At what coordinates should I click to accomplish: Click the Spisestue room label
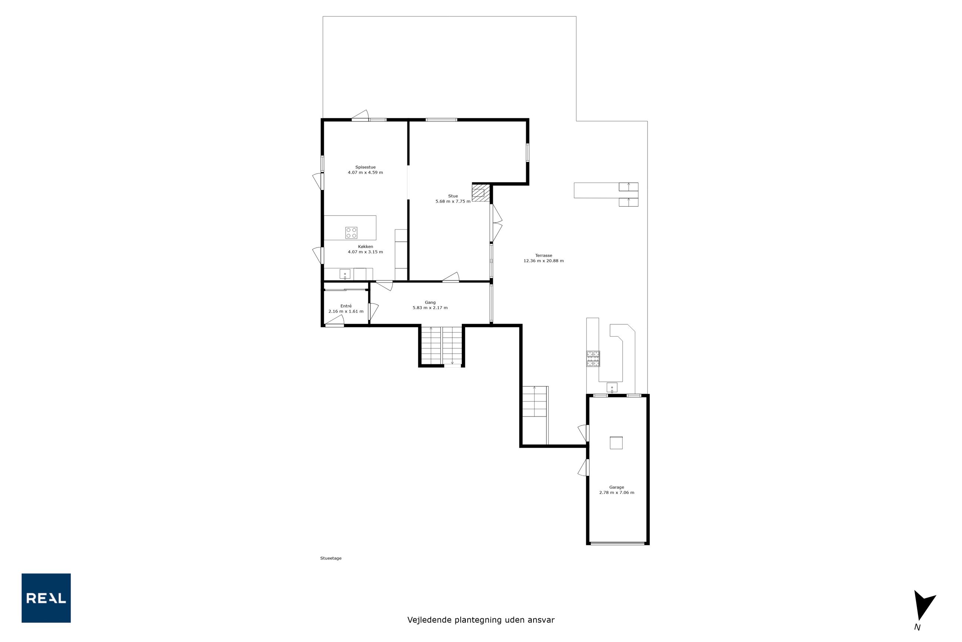pyautogui.click(x=366, y=167)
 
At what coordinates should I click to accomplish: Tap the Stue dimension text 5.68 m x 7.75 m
pyautogui.click(x=453, y=201)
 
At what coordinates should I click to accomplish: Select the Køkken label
pyautogui.click(x=366, y=247)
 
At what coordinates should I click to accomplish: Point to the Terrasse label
pyautogui.click(x=544, y=255)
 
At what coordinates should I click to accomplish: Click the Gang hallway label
pyautogui.click(x=430, y=302)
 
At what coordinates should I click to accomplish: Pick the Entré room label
pyautogui.click(x=346, y=306)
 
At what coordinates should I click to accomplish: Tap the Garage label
pyautogui.click(x=617, y=487)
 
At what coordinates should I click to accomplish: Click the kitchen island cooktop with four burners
pyautogui.click(x=351, y=233)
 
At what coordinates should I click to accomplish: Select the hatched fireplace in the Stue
pyautogui.click(x=481, y=193)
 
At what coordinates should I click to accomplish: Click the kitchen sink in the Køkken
pyautogui.click(x=345, y=274)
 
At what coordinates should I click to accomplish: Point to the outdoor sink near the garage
pyautogui.click(x=612, y=387)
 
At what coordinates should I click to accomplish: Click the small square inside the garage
pyautogui.click(x=616, y=442)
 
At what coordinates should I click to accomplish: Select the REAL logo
pyautogui.click(x=46, y=598)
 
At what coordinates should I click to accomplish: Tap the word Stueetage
pyautogui.click(x=331, y=558)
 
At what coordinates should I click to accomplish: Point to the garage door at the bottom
pyautogui.click(x=618, y=544)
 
